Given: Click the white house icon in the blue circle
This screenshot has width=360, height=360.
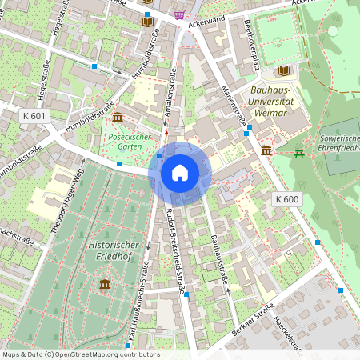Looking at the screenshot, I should point(180,172).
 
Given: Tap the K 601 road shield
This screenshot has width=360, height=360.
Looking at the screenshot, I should point(34,116).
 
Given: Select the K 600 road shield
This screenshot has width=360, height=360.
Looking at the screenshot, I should point(286,198).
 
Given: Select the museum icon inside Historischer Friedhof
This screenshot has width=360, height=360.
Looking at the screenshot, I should point(105,284).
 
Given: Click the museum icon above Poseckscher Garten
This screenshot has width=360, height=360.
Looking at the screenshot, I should point(118,118).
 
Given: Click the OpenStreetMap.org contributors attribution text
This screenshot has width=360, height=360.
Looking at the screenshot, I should point(103,354).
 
